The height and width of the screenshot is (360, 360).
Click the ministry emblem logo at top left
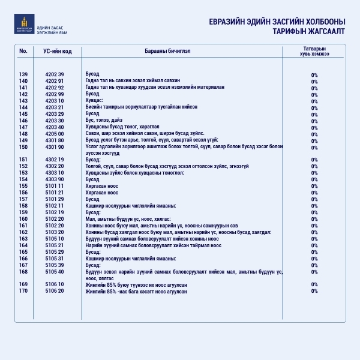pos(25,24)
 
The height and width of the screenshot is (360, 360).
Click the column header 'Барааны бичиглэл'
pos(167,51)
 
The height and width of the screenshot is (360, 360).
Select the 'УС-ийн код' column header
pos(58,51)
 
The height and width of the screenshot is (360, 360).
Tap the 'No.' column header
pos(23,51)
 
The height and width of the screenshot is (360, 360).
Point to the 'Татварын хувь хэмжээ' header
pos(314,50)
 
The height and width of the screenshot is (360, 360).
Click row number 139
pos(23,74)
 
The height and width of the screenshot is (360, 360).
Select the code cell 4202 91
pos(54,81)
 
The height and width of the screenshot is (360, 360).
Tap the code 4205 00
pos(54,133)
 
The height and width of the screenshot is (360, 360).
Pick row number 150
pos(23,146)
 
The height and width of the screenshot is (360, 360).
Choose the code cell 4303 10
pos(54,173)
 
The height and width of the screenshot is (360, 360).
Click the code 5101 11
pos(54,186)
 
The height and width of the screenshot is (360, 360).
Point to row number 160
pos(23,219)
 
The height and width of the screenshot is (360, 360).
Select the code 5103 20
pos(54,232)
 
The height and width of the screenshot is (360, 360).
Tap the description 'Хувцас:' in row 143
pos(94,101)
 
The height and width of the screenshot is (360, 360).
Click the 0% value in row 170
pos(314,291)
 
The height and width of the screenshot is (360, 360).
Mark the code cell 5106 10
pos(54,284)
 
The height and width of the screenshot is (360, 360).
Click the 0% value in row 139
pos(314,74)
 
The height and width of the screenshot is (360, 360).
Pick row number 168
pos(23,271)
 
